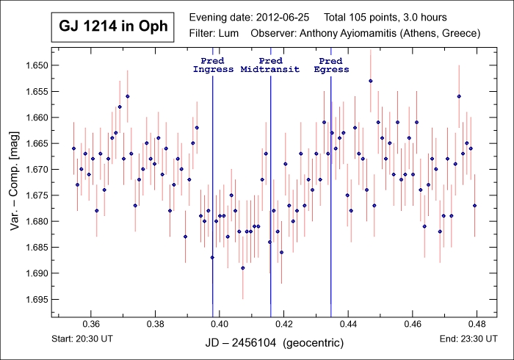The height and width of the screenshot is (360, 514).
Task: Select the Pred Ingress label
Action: click(213, 65)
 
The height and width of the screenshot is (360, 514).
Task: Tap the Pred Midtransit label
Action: click(271, 65)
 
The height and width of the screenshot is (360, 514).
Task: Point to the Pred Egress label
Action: click(331, 65)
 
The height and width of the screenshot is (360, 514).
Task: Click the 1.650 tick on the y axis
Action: click(35, 65)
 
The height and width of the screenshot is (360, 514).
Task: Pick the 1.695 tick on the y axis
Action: click(35, 299)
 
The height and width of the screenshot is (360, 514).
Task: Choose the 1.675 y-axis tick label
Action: click(35, 195)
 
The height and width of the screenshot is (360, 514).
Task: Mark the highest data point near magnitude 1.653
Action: click(371, 81)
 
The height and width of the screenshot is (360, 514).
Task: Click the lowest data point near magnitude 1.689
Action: click(243, 268)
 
